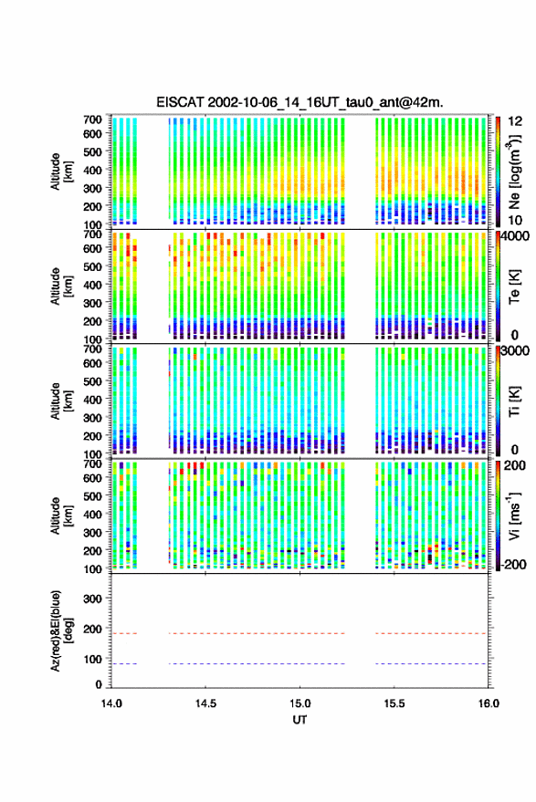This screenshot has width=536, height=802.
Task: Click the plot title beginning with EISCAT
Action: [x=300, y=102]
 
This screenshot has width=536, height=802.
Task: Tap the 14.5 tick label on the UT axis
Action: [x=205, y=703]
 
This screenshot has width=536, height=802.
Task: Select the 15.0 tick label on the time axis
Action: [x=300, y=703]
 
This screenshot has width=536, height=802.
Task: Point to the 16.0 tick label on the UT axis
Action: [x=488, y=703]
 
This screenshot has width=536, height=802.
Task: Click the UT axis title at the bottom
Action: [x=300, y=720]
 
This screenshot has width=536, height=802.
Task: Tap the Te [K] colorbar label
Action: [x=515, y=287]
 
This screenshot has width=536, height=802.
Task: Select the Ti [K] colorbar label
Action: [x=515, y=401]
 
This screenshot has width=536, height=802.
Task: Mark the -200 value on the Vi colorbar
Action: [x=514, y=565]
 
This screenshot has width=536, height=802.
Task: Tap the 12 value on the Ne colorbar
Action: [x=515, y=121]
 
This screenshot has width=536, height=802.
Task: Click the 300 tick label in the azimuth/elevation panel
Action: [x=92, y=599]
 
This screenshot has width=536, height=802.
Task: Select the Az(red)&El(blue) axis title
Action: [x=61, y=630]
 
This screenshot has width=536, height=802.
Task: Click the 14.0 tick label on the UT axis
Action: [x=111, y=703]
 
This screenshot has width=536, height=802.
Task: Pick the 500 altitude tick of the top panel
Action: [x=92, y=151]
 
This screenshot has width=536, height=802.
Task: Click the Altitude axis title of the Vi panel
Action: [x=61, y=516]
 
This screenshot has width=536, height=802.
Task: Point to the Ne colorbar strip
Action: [x=498, y=172]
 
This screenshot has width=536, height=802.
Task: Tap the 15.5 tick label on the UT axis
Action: [x=394, y=703]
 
